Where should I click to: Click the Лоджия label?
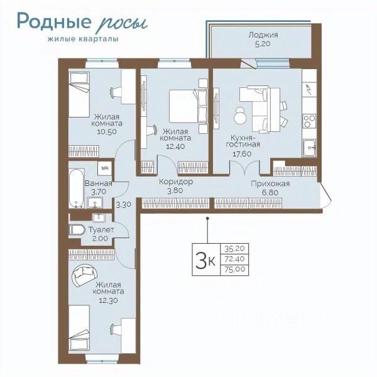(x=263, y=35)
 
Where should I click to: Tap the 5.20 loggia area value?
(x=263, y=44)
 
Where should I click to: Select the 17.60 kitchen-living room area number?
(x=242, y=154)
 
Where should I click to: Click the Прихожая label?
(x=270, y=184)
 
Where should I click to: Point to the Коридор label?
(x=176, y=182)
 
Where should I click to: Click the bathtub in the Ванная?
(x=77, y=188)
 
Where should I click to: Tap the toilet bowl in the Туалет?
(x=77, y=230)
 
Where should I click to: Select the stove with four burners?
(x=309, y=121)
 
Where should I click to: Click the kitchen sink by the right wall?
(x=309, y=148)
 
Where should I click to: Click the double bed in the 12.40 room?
(x=188, y=106)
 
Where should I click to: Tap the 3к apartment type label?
(x=205, y=260)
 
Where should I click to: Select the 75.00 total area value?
(x=235, y=269)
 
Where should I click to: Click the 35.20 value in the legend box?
(x=234, y=249)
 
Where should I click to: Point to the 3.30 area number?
(x=123, y=205)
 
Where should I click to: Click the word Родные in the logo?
(x=54, y=21)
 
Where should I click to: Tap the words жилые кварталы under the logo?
(x=83, y=39)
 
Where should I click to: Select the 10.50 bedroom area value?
(x=107, y=132)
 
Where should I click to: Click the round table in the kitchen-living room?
(x=240, y=116)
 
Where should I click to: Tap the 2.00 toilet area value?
(x=100, y=238)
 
